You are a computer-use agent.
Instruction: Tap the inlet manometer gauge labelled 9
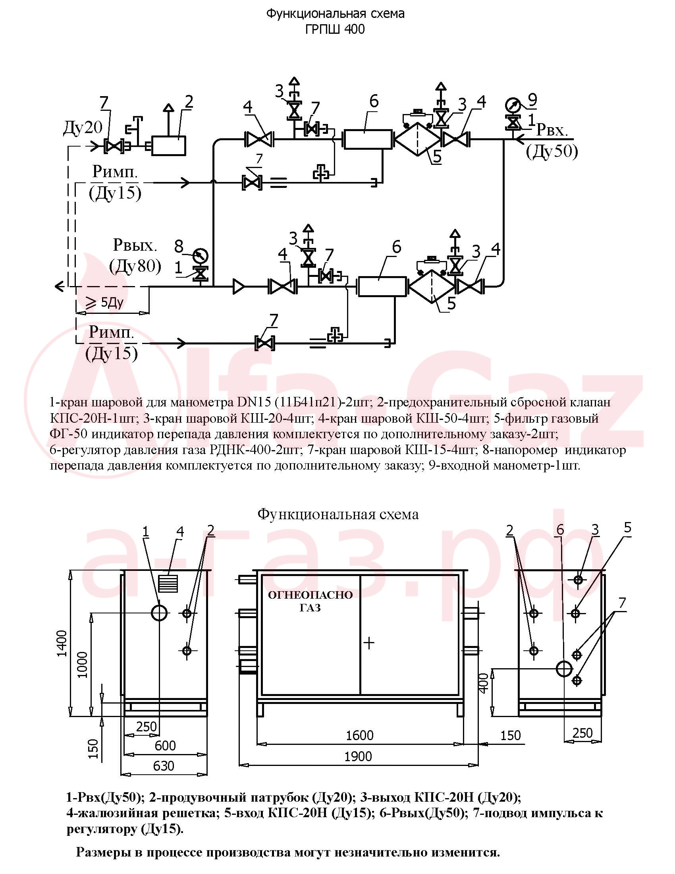(x=512, y=105)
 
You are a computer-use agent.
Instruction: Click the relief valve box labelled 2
(x=168, y=146)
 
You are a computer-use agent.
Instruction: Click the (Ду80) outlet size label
(x=135, y=266)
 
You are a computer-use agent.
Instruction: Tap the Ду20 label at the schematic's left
(x=83, y=128)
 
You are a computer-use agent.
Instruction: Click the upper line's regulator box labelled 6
(x=368, y=139)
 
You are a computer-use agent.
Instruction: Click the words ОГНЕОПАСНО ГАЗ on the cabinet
(x=310, y=601)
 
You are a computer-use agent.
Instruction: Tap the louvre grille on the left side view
(x=168, y=583)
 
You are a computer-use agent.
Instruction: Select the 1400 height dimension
(x=62, y=644)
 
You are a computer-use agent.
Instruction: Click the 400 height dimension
(x=484, y=683)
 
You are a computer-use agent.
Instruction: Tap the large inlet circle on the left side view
(x=160, y=613)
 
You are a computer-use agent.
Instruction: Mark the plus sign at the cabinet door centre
(x=369, y=643)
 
